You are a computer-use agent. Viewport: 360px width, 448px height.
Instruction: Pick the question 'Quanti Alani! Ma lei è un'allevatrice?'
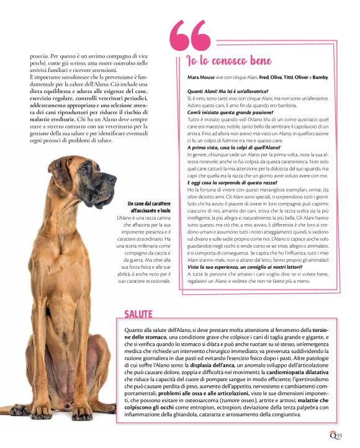coord(226,91)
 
